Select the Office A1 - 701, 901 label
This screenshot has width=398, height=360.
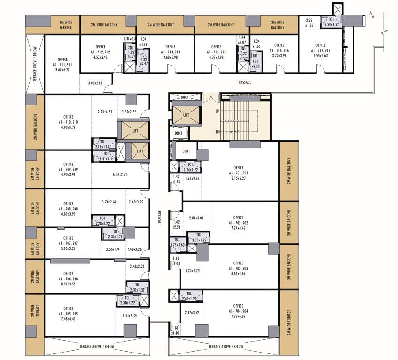point(239,172)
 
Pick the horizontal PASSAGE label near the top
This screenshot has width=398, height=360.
point(245,82)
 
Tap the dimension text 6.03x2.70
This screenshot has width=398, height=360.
point(120,175)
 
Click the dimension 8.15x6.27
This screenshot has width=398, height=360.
point(239,178)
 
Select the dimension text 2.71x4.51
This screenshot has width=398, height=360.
point(105,112)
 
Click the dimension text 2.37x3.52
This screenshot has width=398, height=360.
point(192,313)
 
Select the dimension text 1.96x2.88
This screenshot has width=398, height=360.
point(193,179)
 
